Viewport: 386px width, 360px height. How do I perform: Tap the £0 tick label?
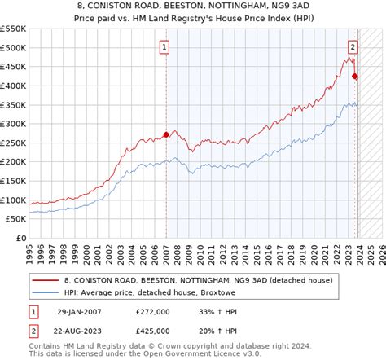coord(20,239)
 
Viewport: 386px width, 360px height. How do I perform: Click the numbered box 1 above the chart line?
coord(165,47)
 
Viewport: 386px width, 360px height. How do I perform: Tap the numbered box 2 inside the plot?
coord(353,47)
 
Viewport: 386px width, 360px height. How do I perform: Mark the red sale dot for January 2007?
coord(165,134)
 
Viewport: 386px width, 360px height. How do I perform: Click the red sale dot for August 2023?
coord(354,77)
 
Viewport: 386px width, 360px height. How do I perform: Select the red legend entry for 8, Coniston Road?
coord(143,279)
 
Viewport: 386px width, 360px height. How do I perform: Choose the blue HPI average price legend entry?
coord(134,292)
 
